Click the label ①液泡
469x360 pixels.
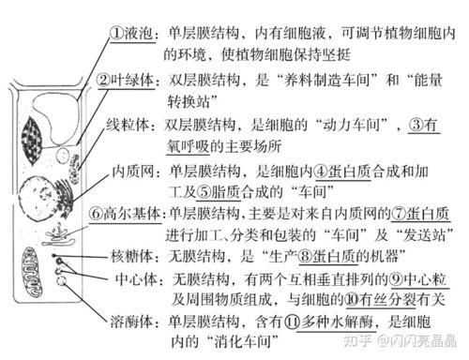pos(132,32)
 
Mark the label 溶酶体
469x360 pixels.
pos(135,322)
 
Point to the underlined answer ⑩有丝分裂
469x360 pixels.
pos(378,301)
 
